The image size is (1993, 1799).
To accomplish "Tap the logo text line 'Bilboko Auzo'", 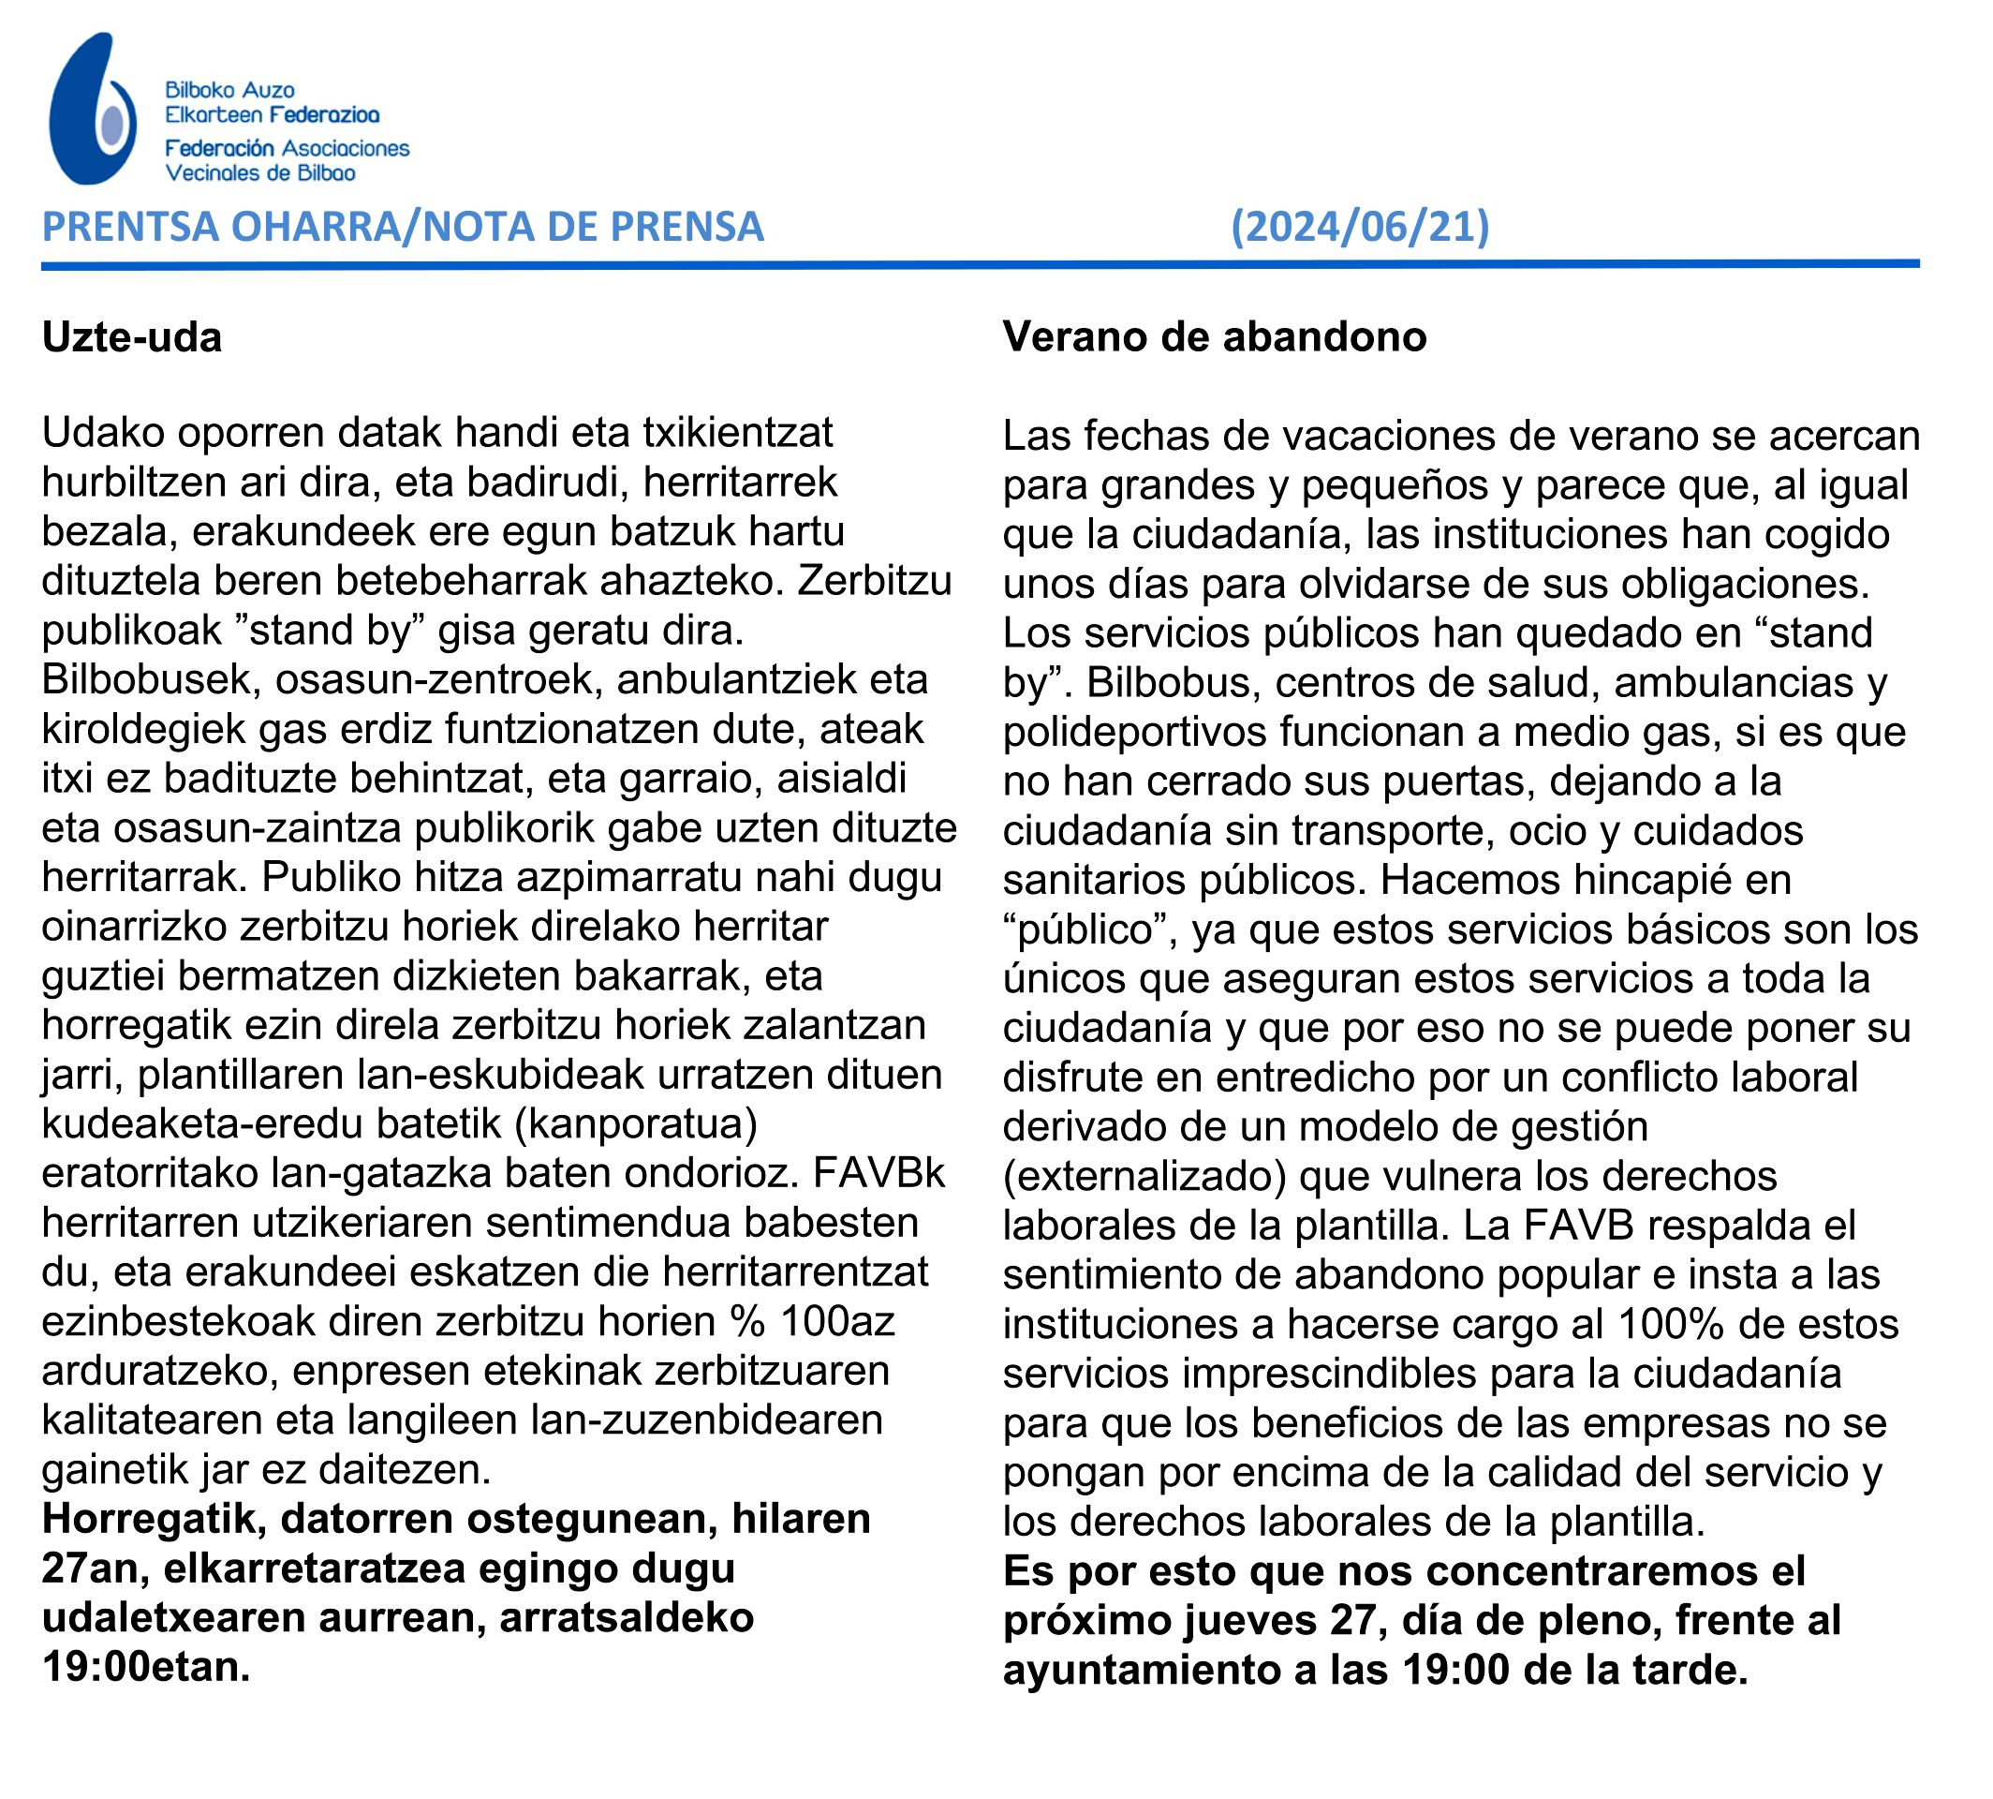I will point(229,90).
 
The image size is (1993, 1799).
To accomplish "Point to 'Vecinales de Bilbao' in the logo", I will point(259,173).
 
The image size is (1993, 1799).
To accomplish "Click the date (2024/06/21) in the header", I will point(1360,227).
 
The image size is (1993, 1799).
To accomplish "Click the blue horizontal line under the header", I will point(978,264).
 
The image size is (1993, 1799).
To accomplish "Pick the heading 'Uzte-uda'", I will point(131,338).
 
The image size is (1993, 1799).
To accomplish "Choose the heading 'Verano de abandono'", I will point(1214,337).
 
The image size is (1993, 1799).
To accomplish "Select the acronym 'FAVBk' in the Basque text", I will point(878,1173).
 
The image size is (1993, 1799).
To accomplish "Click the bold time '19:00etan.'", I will point(146,1667).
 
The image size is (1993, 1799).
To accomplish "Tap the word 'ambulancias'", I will point(1735,683).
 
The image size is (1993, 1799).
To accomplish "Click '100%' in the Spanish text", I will point(1671,1325).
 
